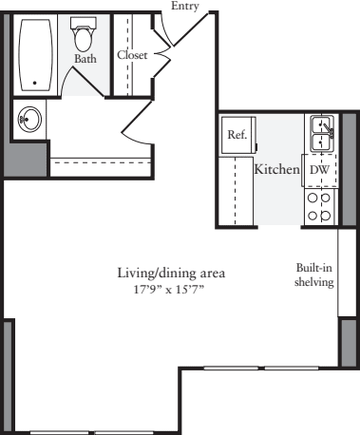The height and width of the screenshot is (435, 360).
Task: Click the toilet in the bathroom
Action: [84, 38]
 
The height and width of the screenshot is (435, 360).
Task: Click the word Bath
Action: [85, 59]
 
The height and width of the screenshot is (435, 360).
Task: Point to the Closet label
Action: [132, 56]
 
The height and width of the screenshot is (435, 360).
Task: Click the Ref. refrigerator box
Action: [237, 135]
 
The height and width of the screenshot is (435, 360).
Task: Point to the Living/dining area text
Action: [171, 274]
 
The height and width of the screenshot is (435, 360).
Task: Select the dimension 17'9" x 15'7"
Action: [171, 288]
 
